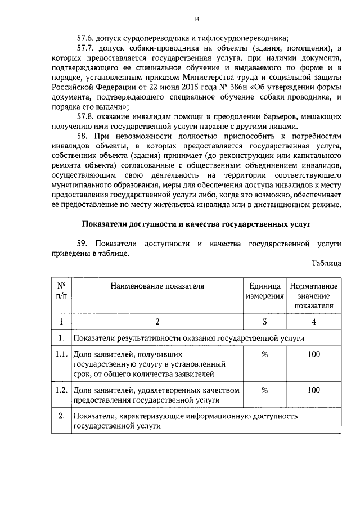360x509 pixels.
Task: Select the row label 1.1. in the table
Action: point(61,354)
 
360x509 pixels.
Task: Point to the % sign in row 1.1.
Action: point(264,354)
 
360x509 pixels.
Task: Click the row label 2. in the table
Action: point(61,416)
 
